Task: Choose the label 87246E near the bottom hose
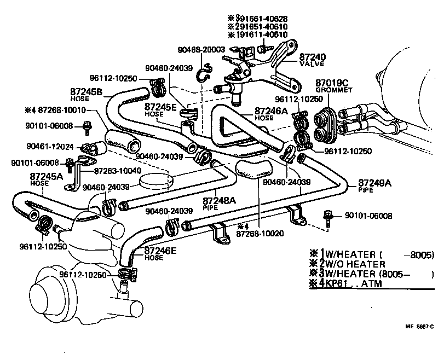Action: tap(160, 251)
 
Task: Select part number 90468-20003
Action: tap(201, 50)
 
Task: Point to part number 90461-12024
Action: tap(49, 146)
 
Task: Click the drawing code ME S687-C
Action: tap(419, 327)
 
